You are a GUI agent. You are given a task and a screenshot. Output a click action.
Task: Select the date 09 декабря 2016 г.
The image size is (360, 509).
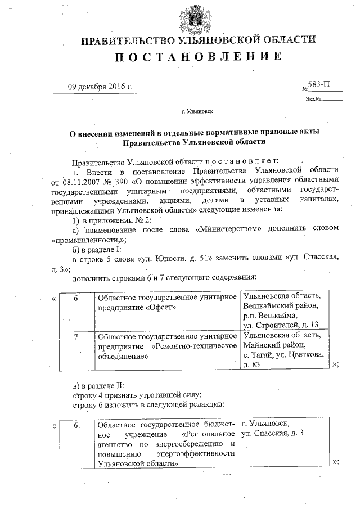point(100,87)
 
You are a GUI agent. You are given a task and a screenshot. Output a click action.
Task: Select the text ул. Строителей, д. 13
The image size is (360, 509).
point(280,325)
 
